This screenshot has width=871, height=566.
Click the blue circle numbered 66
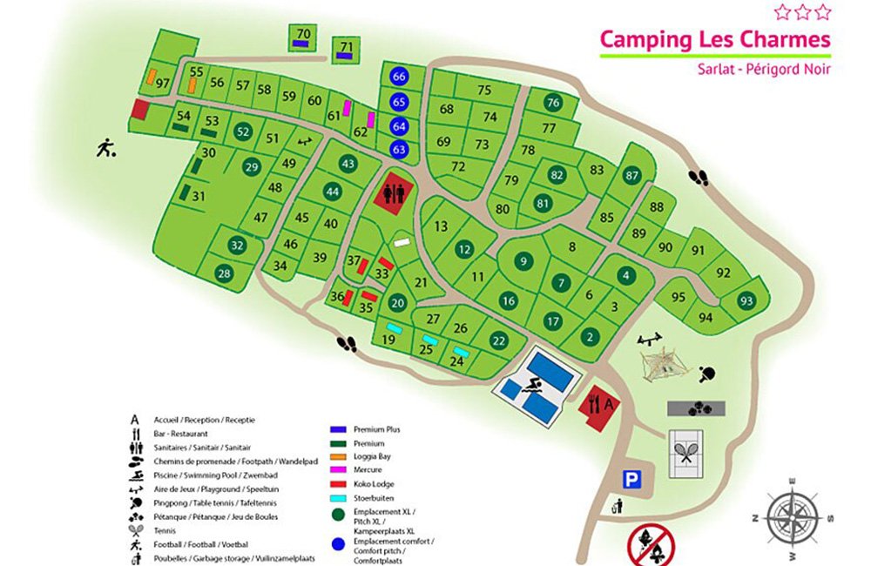pos(400,77)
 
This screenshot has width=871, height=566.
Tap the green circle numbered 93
pos(746,301)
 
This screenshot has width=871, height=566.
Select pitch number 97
pos(161,83)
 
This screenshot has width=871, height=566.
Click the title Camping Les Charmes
pos(714,39)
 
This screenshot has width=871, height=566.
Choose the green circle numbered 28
pos(225,274)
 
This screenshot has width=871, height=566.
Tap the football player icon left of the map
pos(106,148)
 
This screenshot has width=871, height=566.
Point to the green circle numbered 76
pos(552,103)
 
